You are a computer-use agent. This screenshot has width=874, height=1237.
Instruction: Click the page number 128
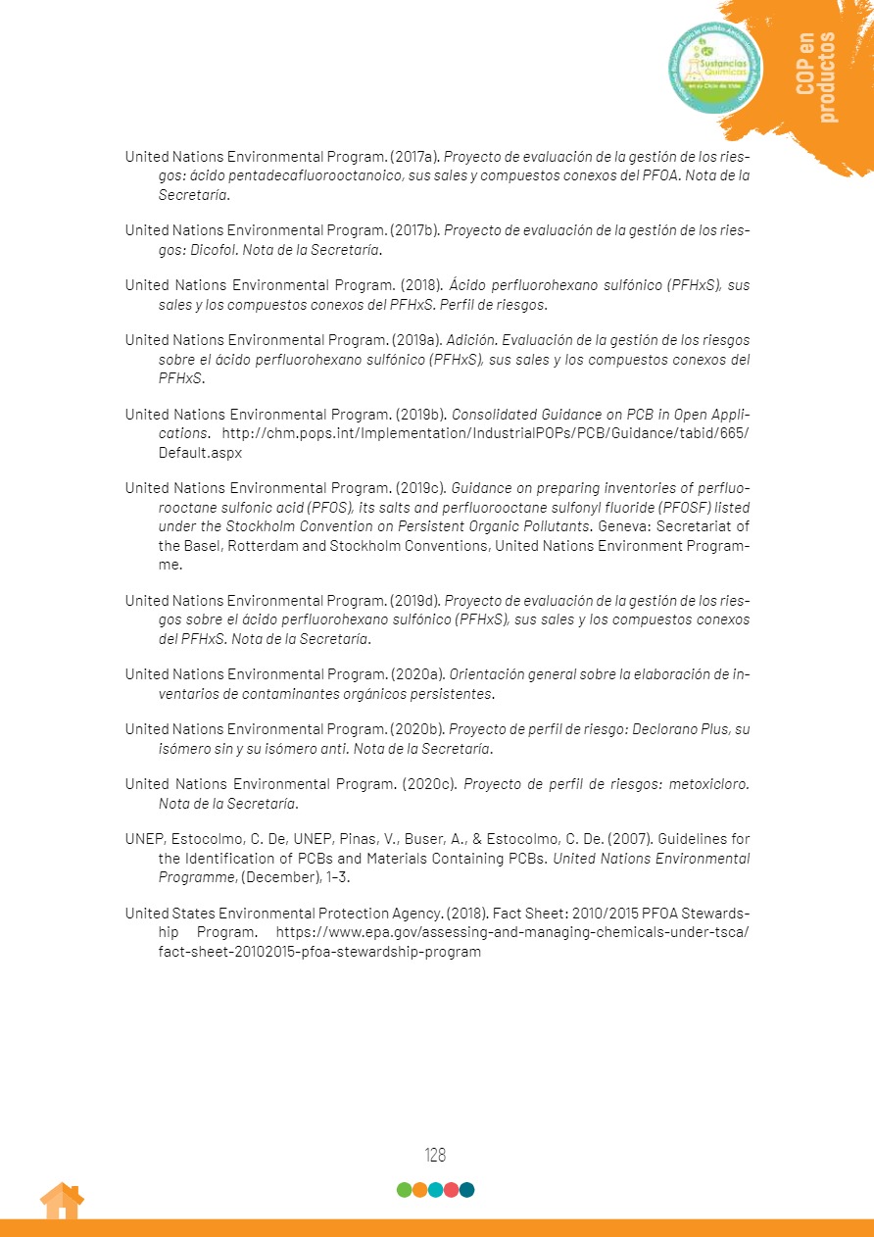click(435, 1155)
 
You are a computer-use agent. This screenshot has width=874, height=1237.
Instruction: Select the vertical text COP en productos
click(817, 77)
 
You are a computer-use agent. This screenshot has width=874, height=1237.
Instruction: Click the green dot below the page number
click(404, 1190)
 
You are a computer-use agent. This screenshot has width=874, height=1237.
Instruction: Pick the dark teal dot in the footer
click(467, 1190)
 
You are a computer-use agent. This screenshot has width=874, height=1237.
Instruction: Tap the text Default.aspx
click(200, 453)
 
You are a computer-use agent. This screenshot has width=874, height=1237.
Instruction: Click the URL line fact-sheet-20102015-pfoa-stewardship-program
click(319, 952)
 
